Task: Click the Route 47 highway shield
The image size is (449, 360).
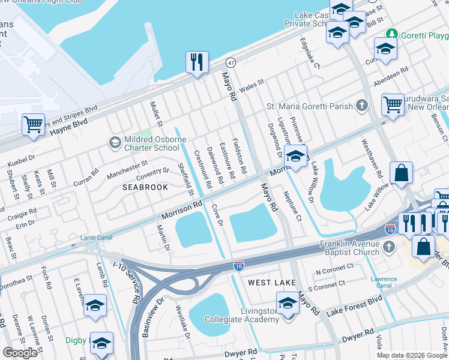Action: [231, 62]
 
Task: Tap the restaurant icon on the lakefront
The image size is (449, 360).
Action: [196, 62]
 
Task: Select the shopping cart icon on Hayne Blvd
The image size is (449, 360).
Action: [33, 125]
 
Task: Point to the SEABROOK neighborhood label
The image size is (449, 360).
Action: [145, 187]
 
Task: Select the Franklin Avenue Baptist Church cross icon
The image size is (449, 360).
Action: [389, 246]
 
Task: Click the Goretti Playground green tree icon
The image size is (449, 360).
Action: [392, 34]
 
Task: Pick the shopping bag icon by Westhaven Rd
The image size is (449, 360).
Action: [401, 173]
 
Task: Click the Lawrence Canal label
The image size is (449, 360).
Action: [384, 282]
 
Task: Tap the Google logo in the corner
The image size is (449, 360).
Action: [20, 352]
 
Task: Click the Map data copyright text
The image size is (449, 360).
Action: [412, 355]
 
